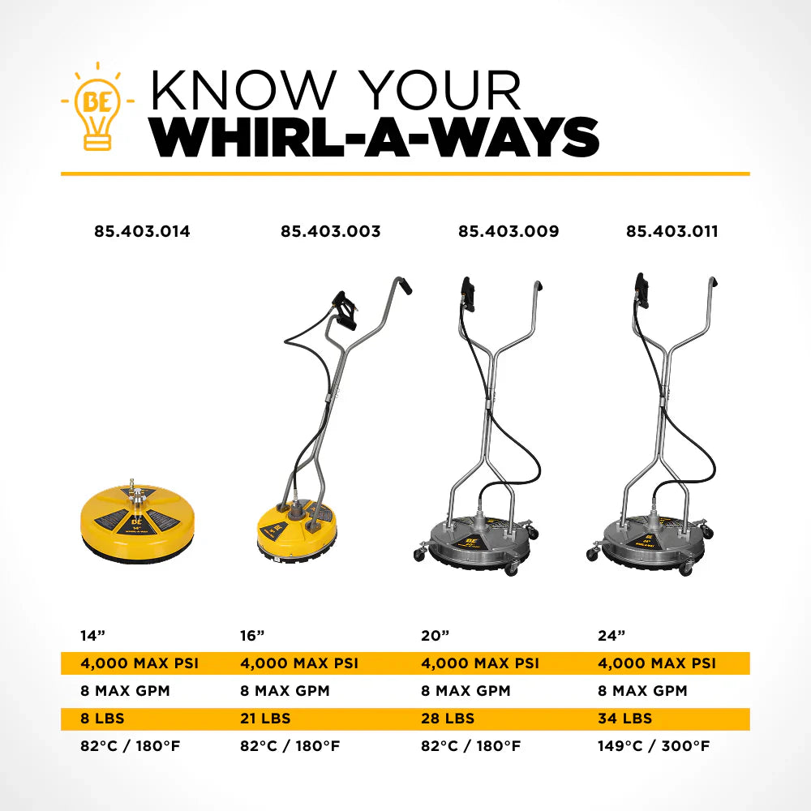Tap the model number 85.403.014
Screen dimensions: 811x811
(142, 231)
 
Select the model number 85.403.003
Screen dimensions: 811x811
(331, 231)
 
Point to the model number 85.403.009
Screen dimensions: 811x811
(508, 231)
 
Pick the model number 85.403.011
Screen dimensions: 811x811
(672, 231)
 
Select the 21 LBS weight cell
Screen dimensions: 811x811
(265, 719)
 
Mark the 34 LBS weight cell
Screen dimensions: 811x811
(624, 719)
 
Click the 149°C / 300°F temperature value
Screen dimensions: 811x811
(653, 746)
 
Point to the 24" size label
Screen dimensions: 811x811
(608, 636)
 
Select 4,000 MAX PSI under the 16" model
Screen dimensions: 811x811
(299, 663)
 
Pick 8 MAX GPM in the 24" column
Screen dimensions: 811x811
(642, 691)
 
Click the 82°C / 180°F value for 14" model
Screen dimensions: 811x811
(130, 746)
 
